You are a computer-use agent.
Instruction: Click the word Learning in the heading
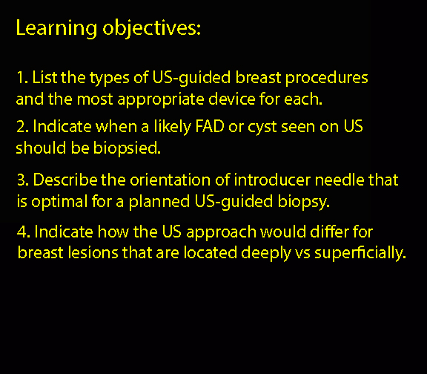tap(56, 28)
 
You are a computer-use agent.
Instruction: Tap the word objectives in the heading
tap(151, 28)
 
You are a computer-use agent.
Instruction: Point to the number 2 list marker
tap(22, 126)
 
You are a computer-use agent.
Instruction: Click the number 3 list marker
tap(22, 180)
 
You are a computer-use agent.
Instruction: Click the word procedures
tap(326, 79)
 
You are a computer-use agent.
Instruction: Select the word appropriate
tap(161, 100)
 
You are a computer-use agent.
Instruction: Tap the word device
tap(232, 99)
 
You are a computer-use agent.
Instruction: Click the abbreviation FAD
tap(210, 126)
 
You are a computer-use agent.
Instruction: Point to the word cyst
tap(262, 128)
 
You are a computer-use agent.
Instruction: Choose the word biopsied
tap(127, 149)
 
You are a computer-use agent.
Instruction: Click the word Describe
tap(65, 180)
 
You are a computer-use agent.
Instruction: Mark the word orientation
tap(170, 180)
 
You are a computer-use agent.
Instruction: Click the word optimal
tap(59, 203)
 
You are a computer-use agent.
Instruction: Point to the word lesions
tap(93, 252)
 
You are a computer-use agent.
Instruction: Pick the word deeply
tap(266, 254)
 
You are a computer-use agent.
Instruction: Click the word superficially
tap(360, 254)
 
